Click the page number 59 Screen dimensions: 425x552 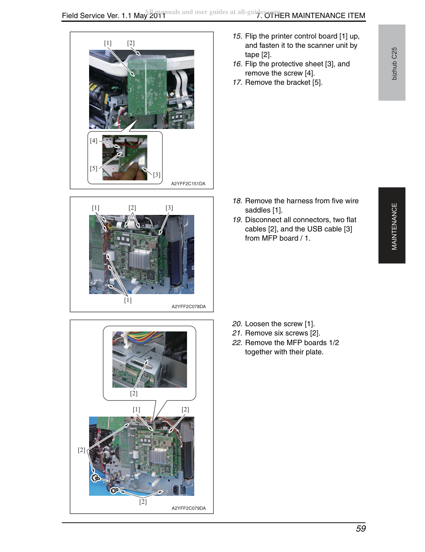(x=360, y=528)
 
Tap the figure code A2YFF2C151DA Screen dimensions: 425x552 (x=188, y=184)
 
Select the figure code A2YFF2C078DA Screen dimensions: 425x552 (x=189, y=307)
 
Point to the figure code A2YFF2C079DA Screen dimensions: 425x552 (x=189, y=508)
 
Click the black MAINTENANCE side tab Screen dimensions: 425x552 (x=392, y=225)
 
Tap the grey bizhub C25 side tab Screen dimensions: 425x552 (x=392, y=63)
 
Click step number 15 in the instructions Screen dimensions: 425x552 (x=238, y=36)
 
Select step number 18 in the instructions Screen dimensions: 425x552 (x=238, y=201)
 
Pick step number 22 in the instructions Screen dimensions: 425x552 (x=237, y=343)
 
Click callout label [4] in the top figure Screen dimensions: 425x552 (x=94, y=141)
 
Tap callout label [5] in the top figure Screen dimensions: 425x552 (x=94, y=168)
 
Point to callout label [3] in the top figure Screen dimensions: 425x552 (x=157, y=174)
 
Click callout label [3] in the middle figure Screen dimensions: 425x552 (x=169, y=208)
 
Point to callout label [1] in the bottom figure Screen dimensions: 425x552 (x=136, y=409)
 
